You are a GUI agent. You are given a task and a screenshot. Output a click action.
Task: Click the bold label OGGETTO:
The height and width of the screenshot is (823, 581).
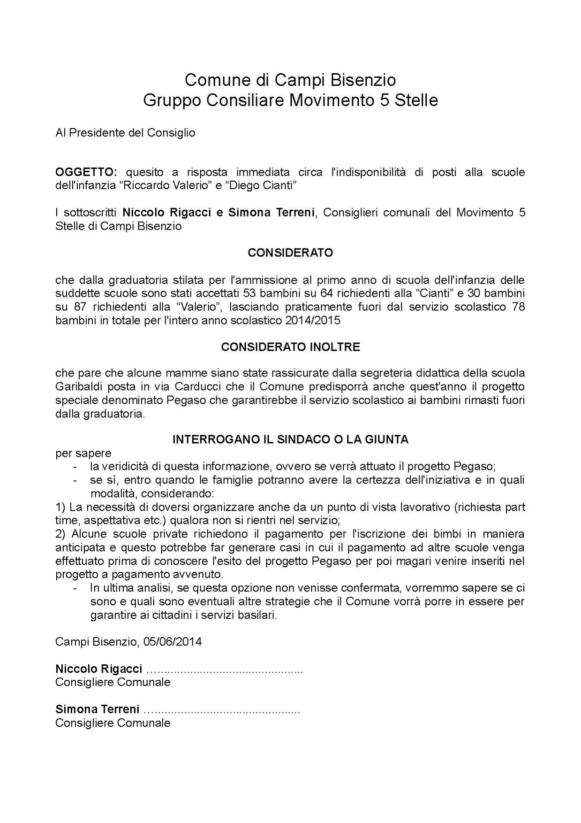(x=84, y=172)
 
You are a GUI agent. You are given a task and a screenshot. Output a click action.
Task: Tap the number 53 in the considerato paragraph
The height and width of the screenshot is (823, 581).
(x=251, y=293)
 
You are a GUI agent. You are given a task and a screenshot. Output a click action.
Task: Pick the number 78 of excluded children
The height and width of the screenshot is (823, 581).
(x=518, y=307)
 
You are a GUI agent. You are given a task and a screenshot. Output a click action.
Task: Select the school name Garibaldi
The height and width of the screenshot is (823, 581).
(x=78, y=387)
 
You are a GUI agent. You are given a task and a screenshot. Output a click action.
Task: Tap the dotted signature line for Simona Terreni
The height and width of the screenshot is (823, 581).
(x=221, y=709)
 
